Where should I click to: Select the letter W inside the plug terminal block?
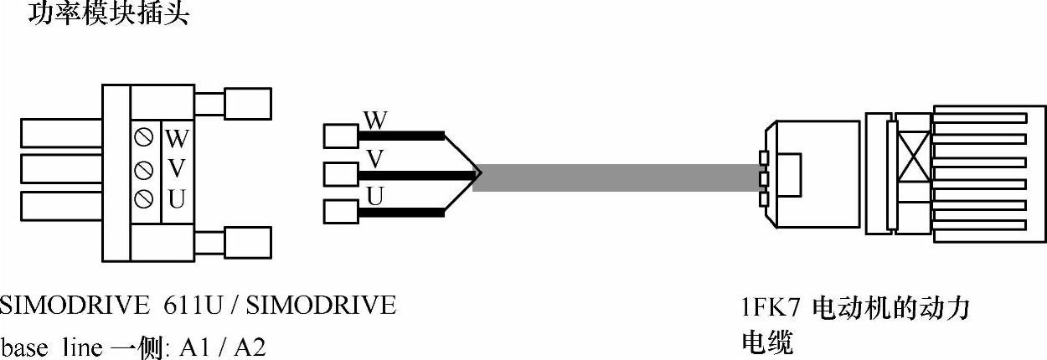177,137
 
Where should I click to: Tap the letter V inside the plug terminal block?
177,168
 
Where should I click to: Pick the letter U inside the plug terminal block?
177,199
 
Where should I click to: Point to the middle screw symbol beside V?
143,168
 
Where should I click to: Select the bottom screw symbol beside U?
143,198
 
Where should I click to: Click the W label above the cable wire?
376,121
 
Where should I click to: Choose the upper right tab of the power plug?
246,104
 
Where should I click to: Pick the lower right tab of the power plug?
246,243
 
